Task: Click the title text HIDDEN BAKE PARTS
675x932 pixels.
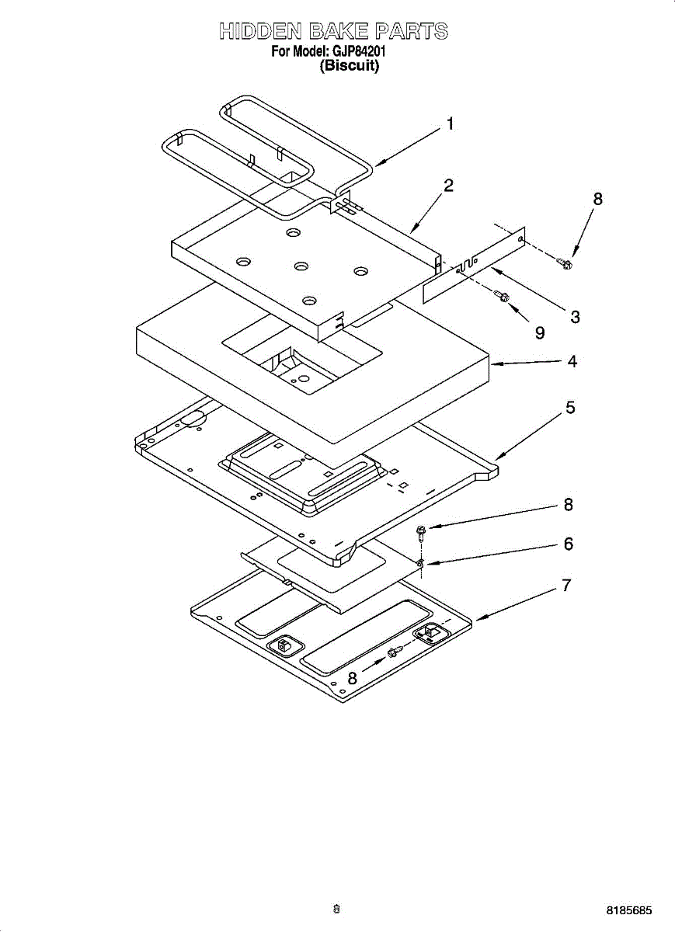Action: click(x=334, y=32)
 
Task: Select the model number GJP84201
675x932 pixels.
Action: click(x=360, y=52)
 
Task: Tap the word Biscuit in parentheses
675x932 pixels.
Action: click(x=350, y=66)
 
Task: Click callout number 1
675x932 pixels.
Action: click(x=449, y=124)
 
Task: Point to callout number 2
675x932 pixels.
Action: click(x=448, y=186)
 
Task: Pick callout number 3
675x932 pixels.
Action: click(x=575, y=316)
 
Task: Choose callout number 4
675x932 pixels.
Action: click(x=572, y=361)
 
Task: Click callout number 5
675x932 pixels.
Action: click(x=569, y=407)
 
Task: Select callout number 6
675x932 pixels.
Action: click(x=569, y=544)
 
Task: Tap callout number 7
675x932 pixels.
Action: click(x=567, y=586)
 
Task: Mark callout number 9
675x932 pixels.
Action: click(x=539, y=332)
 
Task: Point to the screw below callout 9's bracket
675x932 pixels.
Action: click(x=502, y=296)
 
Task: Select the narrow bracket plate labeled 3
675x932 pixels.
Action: click(x=474, y=264)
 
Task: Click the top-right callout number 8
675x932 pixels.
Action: click(x=597, y=199)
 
